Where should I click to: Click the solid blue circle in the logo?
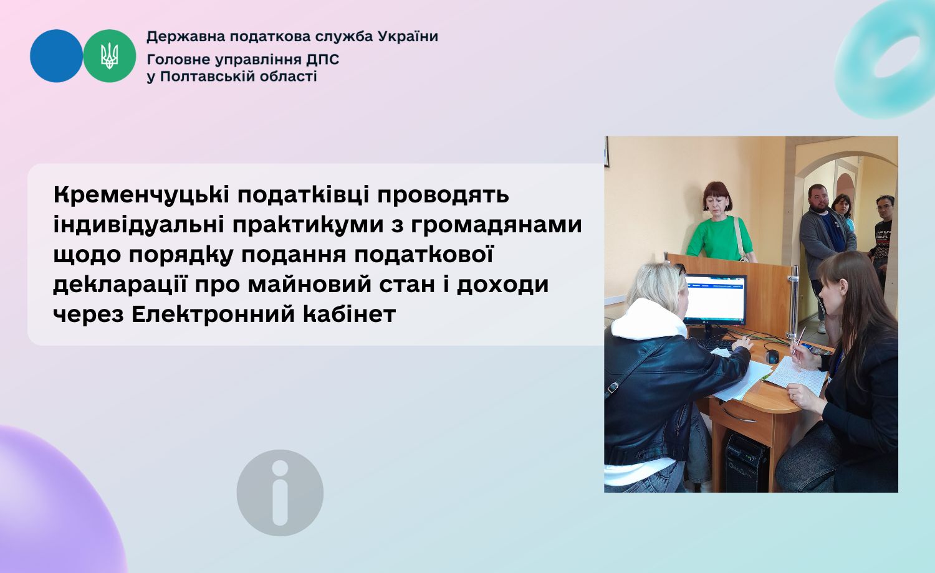coord(56,56)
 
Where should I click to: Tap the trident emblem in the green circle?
coord(109,56)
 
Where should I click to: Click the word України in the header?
coord(408,37)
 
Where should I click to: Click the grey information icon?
coord(280,493)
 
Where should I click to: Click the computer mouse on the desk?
coord(772,356)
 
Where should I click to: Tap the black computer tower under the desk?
coord(747,463)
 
